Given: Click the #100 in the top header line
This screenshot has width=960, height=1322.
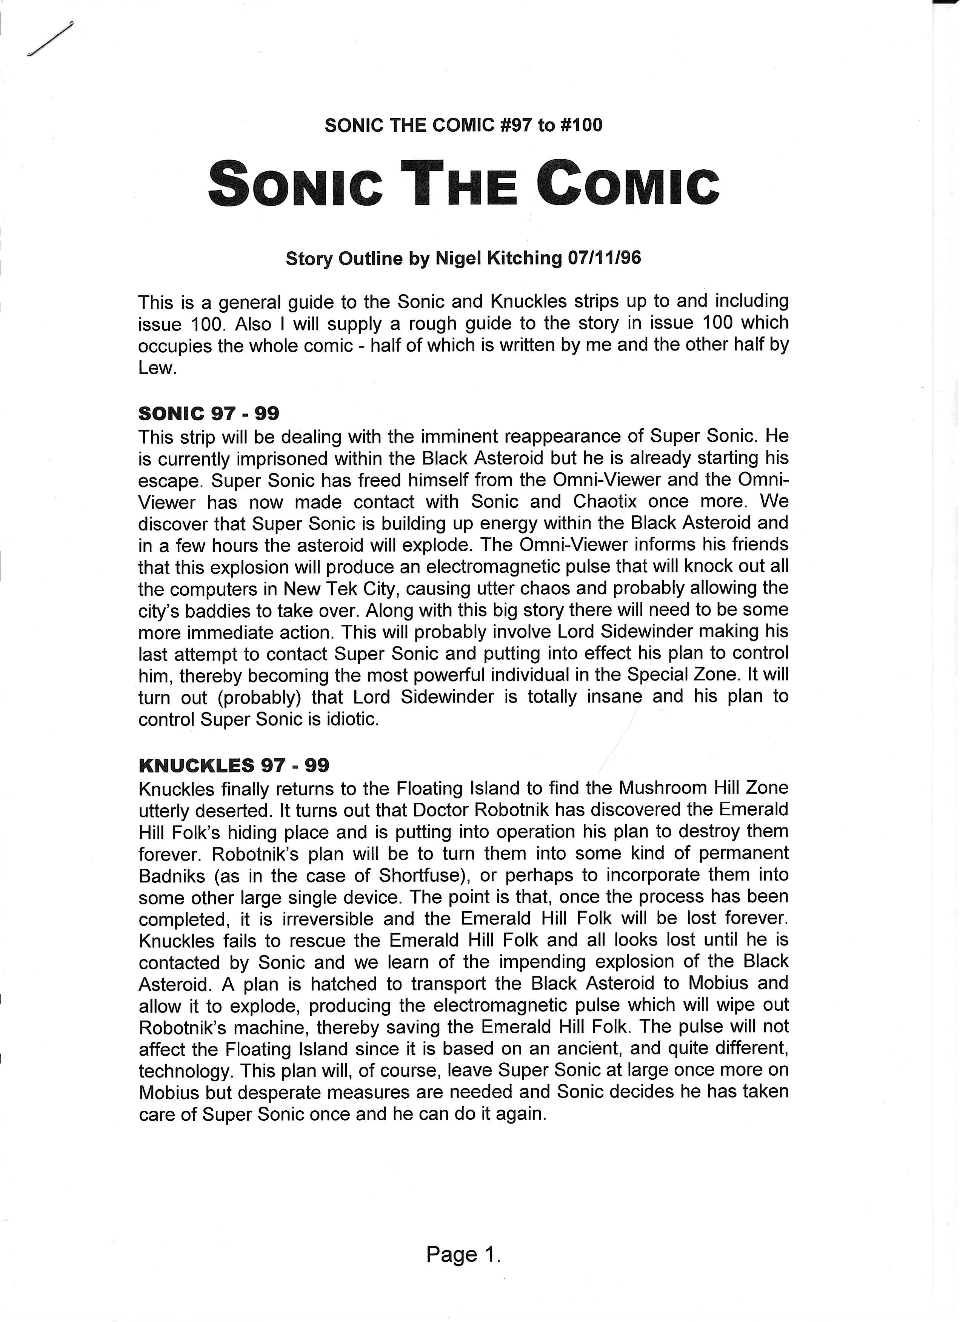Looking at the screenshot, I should [580, 125].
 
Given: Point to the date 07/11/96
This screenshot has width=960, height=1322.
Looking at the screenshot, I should [604, 258].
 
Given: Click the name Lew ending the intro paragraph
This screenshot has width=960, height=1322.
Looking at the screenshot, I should [156, 368].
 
